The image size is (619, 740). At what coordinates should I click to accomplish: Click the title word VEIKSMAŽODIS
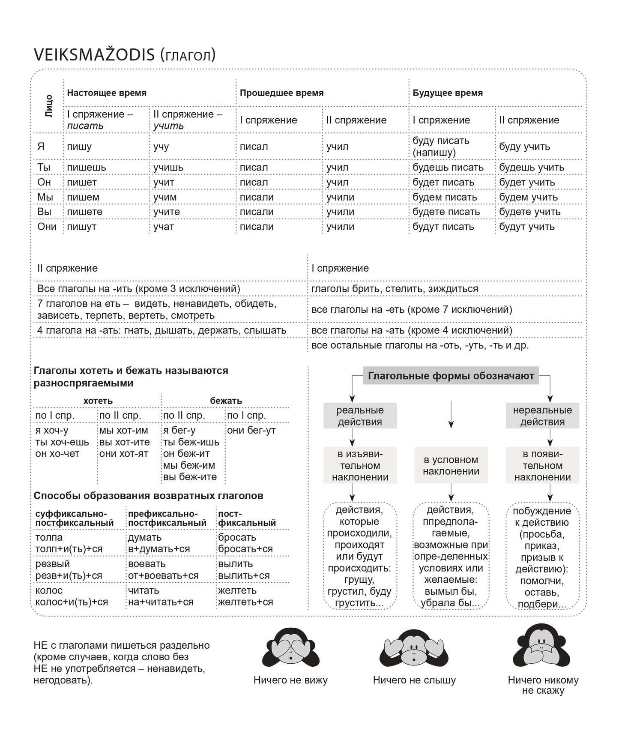tap(94, 55)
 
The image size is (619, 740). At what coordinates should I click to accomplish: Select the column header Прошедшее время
tap(281, 93)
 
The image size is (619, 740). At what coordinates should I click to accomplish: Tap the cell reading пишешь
tap(86, 168)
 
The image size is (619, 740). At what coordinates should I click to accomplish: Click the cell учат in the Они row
tap(164, 227)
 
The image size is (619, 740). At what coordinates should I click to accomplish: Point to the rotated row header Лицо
tap(48, 106)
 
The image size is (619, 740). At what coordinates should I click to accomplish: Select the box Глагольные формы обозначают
tap(451, 376)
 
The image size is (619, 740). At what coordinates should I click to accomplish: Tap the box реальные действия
tap(360, 416)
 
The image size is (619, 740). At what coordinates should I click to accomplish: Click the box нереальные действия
tap(542, 416)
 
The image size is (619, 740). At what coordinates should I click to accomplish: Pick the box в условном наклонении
tap(451, 465)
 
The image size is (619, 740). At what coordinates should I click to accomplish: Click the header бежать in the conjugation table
tap(226, 401)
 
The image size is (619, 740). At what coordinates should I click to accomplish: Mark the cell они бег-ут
tap(251, 430)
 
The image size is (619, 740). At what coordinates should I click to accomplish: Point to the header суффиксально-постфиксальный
tap(75, 518)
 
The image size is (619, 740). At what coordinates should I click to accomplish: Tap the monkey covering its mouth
tap(542, 648)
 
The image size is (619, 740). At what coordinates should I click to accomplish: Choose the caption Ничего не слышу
tap(414, 680)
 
